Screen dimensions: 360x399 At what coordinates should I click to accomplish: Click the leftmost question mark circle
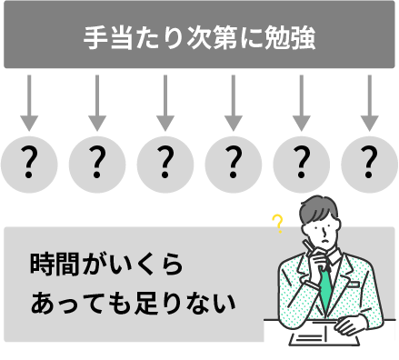click(x=29, y=165)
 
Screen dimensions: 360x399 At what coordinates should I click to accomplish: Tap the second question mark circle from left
click(x=97, y=165)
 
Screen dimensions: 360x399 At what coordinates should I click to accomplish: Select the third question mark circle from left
click(x=165, y=165)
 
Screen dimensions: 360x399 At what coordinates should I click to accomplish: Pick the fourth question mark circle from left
click(x=233, y=165)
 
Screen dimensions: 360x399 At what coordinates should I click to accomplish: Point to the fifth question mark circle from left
click(x=301, y=165)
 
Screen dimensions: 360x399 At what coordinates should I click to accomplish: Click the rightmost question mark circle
click(x=369, y=165)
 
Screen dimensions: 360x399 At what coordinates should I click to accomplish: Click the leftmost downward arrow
click(x=29, y=103)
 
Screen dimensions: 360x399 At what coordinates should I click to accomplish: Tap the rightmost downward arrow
click(x=369, y=103)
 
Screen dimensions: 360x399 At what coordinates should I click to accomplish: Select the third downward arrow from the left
click(x=165, y=103)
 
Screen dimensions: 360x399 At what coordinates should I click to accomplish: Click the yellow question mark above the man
click(x=277, y=222)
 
